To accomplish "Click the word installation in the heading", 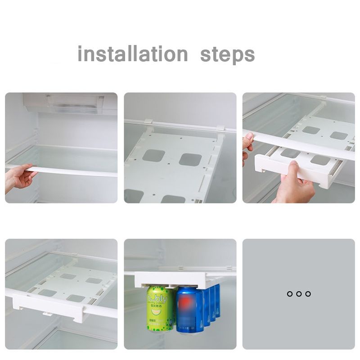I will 132,54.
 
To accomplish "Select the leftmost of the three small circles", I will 290,294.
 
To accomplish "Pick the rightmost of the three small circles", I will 308,294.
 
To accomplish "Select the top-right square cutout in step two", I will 190,159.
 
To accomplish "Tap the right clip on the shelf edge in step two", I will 220,128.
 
